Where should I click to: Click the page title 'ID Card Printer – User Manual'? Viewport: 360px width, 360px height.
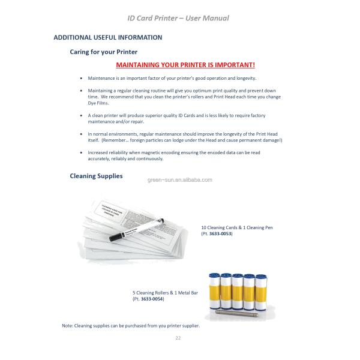pyautogui.click(x=178, y=18)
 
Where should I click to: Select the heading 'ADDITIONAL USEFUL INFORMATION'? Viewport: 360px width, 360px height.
pyautogui.click(x=108, y=37)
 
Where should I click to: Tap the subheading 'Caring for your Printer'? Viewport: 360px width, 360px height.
pyautogui.click(x=104, y=52)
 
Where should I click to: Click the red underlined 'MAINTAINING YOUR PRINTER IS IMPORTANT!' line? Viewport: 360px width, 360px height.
pyautogui.click(x=185, y=64)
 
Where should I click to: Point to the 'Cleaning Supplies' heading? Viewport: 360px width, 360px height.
pyautogui.click(x=96, y=176)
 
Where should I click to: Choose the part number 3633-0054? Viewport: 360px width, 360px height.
pyautogui.click(x=152, y=298)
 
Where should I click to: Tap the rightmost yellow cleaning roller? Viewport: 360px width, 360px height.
pyautogui.click(x=263, y=287)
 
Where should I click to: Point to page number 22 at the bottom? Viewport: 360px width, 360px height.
pyautogui.click(x=178, y=338)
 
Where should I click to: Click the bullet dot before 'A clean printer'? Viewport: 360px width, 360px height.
pyautogui.click(x=81, y=115)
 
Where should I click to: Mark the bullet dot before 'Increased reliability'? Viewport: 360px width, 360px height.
pyautogui.click(x=81, y=153)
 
